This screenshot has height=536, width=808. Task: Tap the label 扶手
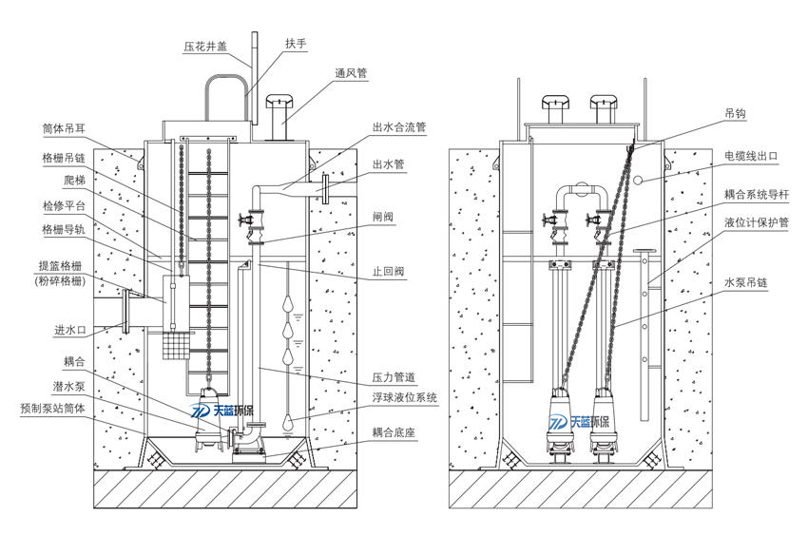coord(296,44)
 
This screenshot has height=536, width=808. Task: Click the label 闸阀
coord(382,217)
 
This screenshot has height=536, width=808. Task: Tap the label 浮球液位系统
coord(405,397)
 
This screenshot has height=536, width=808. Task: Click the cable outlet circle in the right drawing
coord(640,178)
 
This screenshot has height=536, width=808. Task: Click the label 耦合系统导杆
coord(757,194)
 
